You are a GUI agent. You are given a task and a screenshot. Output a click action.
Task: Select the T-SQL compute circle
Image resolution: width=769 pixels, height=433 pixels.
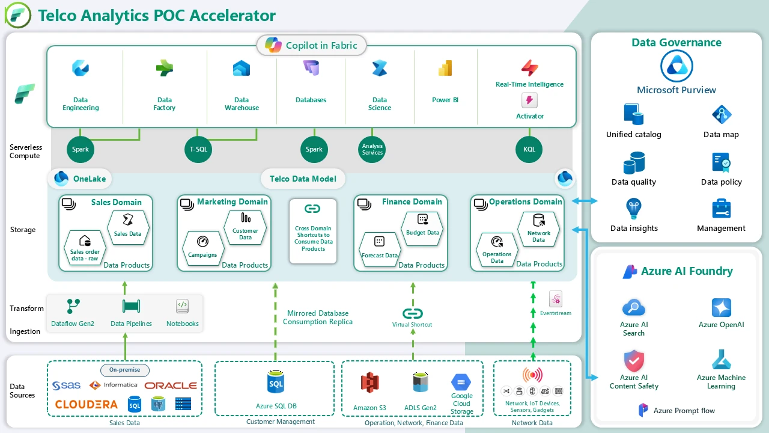(x=198, y=149)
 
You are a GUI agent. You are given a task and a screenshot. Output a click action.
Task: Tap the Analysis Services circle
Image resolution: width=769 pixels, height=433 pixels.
(x=372, y=149)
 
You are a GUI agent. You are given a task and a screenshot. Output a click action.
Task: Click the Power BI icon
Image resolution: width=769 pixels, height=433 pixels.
(x=445, y=69)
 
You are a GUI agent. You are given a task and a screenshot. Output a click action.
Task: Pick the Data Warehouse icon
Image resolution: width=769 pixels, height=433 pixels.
(x=242, y=69)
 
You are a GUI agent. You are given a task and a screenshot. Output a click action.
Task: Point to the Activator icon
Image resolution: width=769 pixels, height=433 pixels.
(x=529, y=100)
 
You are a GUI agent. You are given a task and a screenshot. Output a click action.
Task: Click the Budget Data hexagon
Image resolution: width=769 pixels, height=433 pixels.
(x=422, y=226)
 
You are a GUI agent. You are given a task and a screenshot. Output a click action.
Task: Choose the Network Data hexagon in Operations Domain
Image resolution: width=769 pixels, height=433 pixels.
(x=538, y=227)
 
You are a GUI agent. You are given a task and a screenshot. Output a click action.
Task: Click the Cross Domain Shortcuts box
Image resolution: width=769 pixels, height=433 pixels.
(x=312, y=232)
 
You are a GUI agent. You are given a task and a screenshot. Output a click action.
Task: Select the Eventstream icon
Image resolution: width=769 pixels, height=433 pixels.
(x=556, y=299)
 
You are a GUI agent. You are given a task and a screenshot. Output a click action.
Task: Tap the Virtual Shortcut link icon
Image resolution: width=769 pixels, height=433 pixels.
(x=412, y=313)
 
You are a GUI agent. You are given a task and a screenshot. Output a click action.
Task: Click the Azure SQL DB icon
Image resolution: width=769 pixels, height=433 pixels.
(x=276, y=382)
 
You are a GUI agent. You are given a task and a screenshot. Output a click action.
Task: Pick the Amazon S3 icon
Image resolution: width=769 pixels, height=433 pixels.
(x=369, y=382)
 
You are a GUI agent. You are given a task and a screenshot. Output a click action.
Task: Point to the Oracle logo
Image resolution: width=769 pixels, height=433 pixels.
(x=171, y=385)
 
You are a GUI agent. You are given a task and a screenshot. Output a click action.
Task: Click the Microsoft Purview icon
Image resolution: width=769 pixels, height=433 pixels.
(x=676, y=66)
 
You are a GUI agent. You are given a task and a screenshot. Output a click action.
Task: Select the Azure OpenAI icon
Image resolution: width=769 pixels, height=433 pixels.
(x=721, y=307)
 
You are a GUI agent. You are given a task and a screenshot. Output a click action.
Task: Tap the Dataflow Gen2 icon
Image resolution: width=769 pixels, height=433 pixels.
(x=73, y=306)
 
